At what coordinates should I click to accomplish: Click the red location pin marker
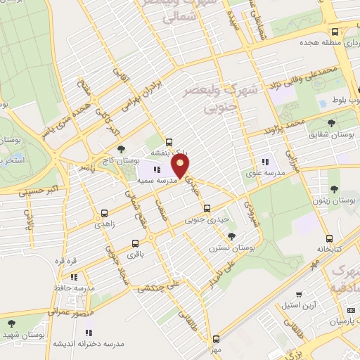click(182, 168)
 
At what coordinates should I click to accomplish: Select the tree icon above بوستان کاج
click(122, 149)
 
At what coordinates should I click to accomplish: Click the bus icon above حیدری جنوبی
click(207, 208)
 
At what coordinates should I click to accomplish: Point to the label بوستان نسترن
click(227, 248)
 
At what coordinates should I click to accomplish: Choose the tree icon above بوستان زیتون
click(333, 188)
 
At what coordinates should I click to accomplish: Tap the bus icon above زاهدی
click(105, 212)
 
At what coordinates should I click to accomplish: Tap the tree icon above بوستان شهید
click(12, 323)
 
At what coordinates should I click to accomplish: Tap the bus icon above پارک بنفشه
click(169, 140)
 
